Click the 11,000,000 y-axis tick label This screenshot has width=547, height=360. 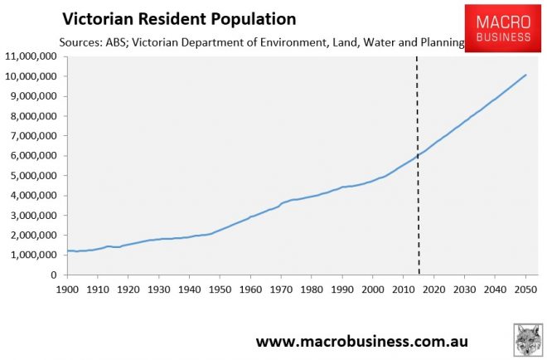click(31, 56)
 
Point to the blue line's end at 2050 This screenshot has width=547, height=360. click(525, 75)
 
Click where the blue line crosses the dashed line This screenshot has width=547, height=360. click(419, 154)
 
